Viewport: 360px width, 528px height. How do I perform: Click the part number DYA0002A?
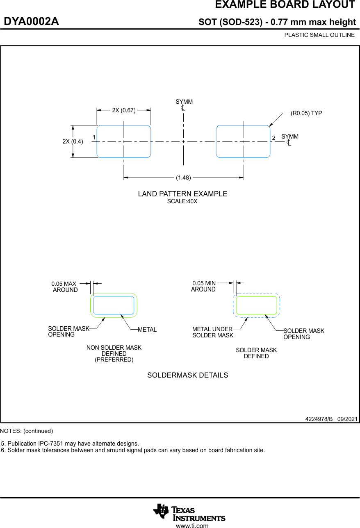pyautogui.click(x=32, y=22)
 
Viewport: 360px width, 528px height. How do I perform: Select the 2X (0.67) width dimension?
pyautogui.click(x=124, y=110)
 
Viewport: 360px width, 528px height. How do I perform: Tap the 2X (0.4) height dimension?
pyautogui.click(x=73, y=141)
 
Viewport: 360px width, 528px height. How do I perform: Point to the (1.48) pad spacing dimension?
pyautogui.click(x=183, y=178)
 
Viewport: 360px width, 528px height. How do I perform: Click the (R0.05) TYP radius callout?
pyautogui.click(x=306, y=113)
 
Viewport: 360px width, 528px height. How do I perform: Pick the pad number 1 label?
pyautogui.click(x=94, y=137)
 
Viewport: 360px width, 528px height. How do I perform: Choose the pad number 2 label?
pyautogui.click(x=273, y=137)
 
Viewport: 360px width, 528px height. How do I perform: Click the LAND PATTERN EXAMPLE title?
pyautogui.click(x=182, y=194)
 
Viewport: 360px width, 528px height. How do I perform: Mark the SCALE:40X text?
pyautogui.click(x=182, y=201)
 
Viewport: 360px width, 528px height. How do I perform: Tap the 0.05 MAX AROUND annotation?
pyautogui.click(x=64, y=287)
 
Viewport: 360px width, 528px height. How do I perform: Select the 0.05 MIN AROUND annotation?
pyautogui.click(x=204, y=286)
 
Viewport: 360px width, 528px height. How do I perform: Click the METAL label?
pyautogui.click(x=147, y=330)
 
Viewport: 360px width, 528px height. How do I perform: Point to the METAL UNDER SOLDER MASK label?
pyautogui.click(x=213, y=332)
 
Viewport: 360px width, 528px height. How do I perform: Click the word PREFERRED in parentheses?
pyautogui.click(x=114, y=360)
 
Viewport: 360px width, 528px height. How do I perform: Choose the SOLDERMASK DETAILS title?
pyautogui.click(x=187, y=375)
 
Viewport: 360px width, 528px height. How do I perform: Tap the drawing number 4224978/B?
pyautogui.click(x=319, y=419)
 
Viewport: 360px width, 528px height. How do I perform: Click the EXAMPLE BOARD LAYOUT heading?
pyautogui.click(x=285, y=5)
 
